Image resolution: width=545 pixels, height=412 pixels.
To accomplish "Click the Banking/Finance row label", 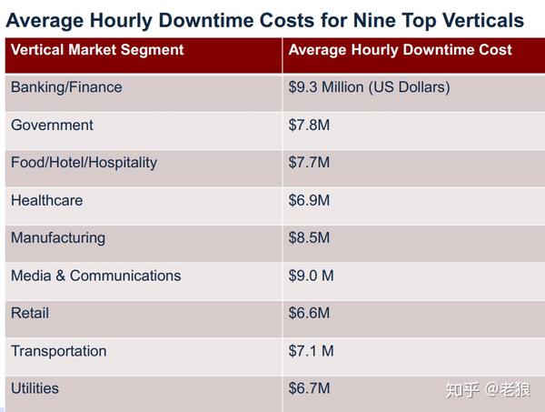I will click(66, 87).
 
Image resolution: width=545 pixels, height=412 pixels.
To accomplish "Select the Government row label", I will click(52, 125).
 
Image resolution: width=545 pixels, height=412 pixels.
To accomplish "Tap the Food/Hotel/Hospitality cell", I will click(84, 163).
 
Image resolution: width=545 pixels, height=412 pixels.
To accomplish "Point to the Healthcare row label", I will click(46, 200).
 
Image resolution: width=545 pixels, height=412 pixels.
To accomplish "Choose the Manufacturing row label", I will click(58, 237).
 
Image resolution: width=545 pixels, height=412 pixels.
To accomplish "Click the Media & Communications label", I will click(95, 276).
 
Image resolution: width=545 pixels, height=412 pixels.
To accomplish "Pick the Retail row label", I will click(30, 313).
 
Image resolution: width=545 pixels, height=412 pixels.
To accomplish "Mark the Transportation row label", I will click(58, 351).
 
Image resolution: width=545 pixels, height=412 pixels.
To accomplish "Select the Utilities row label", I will click(35, 388).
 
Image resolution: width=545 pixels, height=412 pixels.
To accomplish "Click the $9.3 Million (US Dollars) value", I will click(369, 87).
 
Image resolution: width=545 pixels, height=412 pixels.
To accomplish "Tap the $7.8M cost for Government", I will click(309, 125).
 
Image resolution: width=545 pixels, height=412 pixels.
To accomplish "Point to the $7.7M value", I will click(309, 163).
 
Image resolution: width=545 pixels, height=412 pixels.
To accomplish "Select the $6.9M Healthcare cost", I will click(309, 200).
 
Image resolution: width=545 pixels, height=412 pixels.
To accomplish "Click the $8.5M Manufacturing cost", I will click(309, 237).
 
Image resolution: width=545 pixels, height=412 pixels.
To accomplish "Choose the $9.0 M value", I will click(312, 276).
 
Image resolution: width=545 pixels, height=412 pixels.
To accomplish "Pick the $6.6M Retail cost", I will click(309, 313).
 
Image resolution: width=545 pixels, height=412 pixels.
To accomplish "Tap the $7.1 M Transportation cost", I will click(312, 351).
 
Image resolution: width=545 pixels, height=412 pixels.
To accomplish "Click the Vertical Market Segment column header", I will click(97, 50).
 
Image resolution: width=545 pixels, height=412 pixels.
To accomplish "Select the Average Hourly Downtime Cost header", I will click(400, 50).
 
